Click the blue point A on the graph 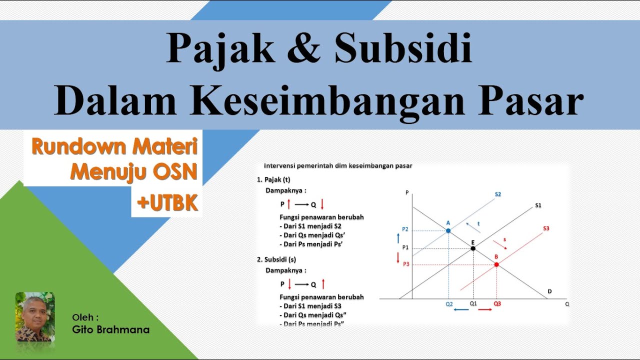(448, 230)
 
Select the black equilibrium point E (473, 248)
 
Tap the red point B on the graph (496, 264)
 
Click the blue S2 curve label (498, 194)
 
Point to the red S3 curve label (546, 228)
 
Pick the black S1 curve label (538, 205)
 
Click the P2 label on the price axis (405, 229)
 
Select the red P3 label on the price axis (406, 263)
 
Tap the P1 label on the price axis (405, 247)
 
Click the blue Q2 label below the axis (449, 303)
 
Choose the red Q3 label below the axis (497, 303)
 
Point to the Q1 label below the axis (473, 303)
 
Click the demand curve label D (549, 291)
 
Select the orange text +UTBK (167, 202)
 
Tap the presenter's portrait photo (35, 317)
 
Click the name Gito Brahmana (111, 329)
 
